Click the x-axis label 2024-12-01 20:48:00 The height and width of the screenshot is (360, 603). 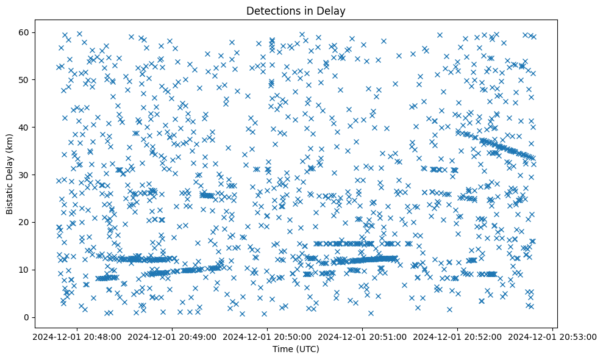point(76,336)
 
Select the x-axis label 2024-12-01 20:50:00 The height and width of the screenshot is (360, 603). point(267,336)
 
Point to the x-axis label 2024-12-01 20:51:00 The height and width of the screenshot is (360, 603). point(363,336)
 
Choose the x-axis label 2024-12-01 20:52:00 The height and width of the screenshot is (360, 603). point(458,336)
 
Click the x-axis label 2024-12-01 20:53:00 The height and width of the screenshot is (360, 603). point(554,336)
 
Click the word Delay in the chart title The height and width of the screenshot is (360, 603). point(321,11)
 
